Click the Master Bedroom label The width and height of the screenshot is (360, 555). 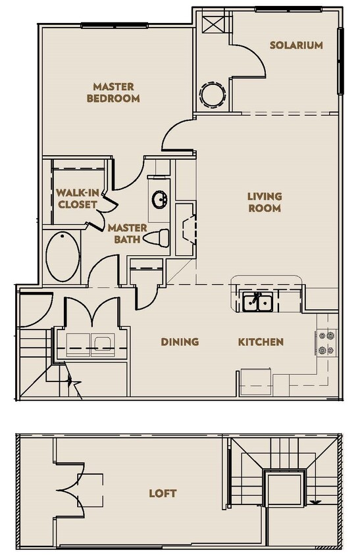click(116, 92)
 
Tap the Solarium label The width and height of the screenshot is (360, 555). click(296, 45)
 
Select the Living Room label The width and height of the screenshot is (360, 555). click(265, 202)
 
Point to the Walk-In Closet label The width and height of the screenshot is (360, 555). click(76, 198)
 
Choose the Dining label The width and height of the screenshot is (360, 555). click(180, 342)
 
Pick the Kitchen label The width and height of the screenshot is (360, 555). click(261, 342)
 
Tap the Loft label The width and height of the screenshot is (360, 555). click(163, 493)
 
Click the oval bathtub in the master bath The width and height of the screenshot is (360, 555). click(63, 256)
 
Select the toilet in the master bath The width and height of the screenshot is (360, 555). click(157, 237)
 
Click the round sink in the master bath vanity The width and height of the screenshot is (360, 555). click(159, 199)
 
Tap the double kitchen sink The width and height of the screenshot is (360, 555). click(258, 302)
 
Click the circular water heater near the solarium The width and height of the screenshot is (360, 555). click(213, 94)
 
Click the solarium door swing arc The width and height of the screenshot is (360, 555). click(253, 62)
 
